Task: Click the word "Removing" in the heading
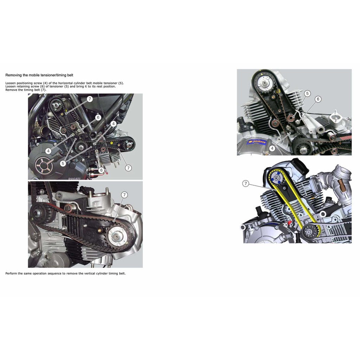point(13,75)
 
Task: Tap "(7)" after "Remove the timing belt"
point(43,90)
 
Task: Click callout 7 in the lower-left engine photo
point(124,195)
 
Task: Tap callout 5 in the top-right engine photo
point(307,94)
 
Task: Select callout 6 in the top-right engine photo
point(318,99)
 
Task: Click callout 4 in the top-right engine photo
point(272,148)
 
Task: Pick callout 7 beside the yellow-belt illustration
point(246,183)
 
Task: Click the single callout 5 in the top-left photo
point(63,163)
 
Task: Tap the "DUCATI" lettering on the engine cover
point(74,178)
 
